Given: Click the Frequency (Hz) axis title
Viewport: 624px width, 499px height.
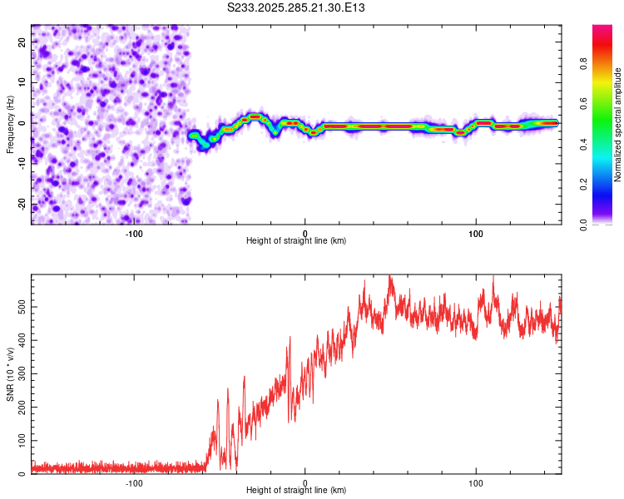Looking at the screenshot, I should (x=10, y=125).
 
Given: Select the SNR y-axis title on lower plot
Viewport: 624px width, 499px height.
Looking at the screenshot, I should (x=10, y=374).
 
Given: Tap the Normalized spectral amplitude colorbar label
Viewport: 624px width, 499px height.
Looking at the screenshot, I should (x=617, y=125).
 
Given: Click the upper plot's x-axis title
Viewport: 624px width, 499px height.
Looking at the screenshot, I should (x=296, y=240).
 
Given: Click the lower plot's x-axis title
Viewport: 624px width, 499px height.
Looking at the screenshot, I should (x=296, y=490).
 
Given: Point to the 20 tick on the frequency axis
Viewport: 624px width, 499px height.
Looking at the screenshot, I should (x=22, y=41).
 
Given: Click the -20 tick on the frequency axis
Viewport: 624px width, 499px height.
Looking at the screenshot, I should (x=20, y=205).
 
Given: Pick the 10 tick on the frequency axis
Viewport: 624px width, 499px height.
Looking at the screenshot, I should (x=22, y=82).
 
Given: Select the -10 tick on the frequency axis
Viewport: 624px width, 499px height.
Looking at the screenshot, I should (x=20, y=164).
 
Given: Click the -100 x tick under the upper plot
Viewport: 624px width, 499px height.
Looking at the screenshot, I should (x=134, y=233).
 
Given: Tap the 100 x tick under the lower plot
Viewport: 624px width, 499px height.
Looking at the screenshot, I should (x=476, y=482).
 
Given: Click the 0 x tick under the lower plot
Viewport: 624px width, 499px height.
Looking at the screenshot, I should (x=305, y=482).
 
